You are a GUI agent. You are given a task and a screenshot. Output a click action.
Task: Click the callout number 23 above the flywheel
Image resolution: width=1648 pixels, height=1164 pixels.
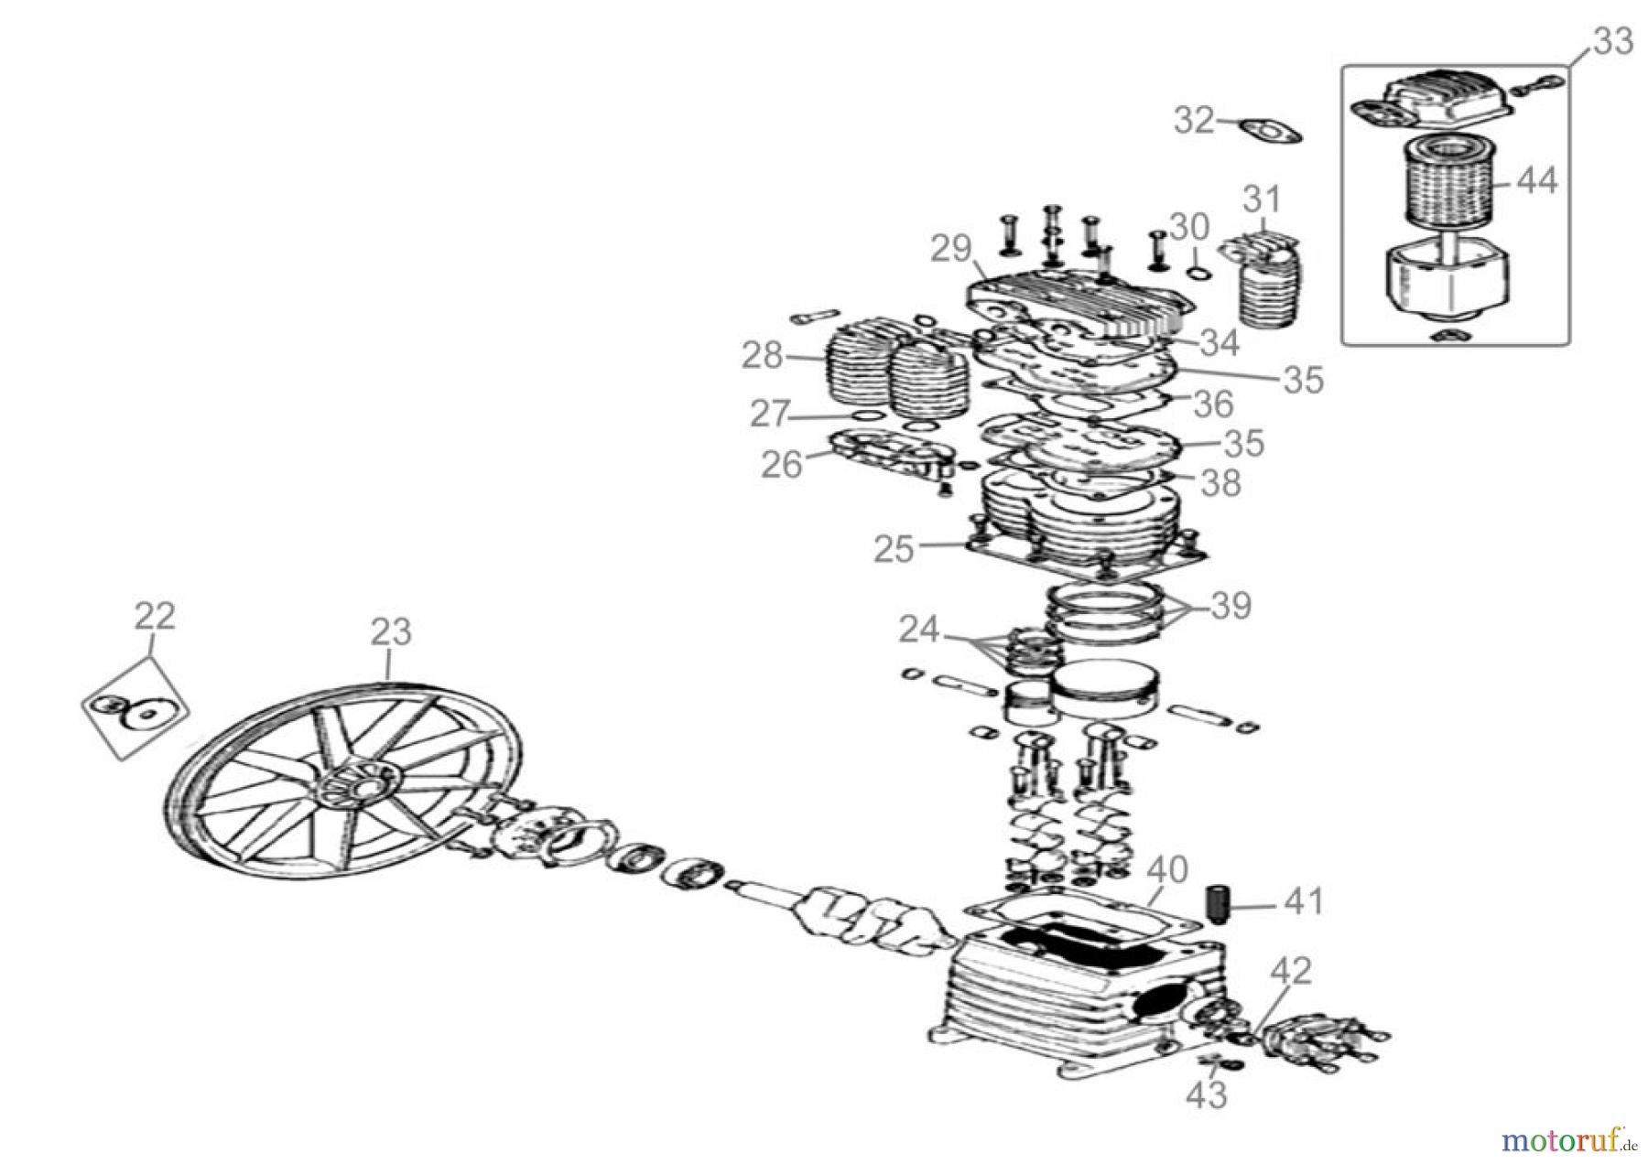tap(391, 631)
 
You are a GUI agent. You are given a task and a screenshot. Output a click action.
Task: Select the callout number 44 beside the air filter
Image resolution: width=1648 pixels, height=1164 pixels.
tap(1536, 181)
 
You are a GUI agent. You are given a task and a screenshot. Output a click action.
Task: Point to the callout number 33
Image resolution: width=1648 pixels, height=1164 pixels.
tap(1612, 41)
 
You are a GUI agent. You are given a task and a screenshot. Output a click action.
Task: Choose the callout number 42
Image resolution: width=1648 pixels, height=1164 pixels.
tap(1291, 971)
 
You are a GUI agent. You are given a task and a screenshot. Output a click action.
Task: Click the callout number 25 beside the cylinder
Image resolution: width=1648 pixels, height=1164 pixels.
tap(894, 549)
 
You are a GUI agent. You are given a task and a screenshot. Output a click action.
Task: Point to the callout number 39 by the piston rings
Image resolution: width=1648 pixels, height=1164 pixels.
tap(1231, 606)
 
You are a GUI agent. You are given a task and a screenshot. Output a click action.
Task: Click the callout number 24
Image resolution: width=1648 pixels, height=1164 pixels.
tap(918, 630)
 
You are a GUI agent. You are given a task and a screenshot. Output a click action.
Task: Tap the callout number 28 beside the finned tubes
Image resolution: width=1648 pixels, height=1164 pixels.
tap(762, 355)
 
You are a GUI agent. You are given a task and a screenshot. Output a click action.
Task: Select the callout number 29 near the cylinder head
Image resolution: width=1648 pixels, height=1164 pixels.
tap(952, 249)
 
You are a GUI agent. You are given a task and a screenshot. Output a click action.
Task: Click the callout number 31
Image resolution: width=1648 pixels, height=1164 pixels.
tap(1262, 199)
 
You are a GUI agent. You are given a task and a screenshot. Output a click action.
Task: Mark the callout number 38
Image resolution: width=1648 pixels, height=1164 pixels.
tap(1220, 482)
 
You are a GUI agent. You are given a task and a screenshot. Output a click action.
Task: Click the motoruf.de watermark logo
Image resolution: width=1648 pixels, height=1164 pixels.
tap(1568, 1139)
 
